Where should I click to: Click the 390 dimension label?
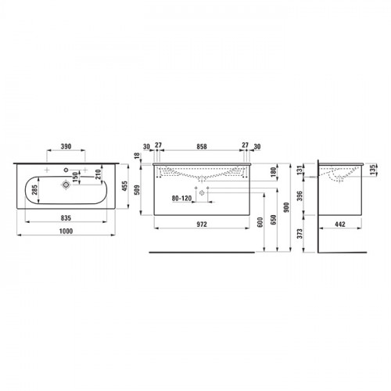pyautogui.click(x=66, y=146)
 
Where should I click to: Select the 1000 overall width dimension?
pyautogui.click(x=66, y=231)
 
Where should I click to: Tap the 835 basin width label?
pyautogui.click(x=66, y=218)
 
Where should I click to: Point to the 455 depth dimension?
pyautogui.click(x=125, y=186)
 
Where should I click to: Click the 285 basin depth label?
pyautogui.click(x=34, y=190)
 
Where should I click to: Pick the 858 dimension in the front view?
pyautogui.click(x=202, y=147)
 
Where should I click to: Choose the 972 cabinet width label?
pyautogui.click(x=202, y=224)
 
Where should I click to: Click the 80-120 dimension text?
pyautogui.click(x=181, y=199)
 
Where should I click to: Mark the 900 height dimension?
pyautogui.click(x=286, y=207)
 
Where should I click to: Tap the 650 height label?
pyautogui.click(x=273, y=220)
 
